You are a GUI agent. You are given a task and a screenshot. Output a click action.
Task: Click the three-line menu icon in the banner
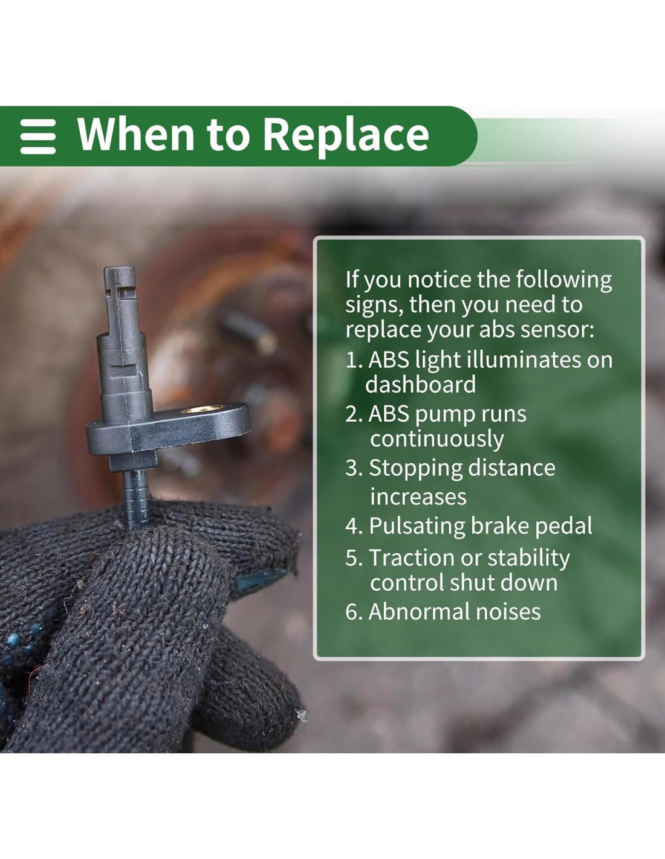click(x=38, y=137)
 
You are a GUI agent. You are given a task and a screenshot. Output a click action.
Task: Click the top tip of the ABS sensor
click(x=120, y=269)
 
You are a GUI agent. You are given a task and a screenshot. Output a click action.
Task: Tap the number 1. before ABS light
click(x=355, y=360)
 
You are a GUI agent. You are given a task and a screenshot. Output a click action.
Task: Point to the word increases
click(x=418, y=497)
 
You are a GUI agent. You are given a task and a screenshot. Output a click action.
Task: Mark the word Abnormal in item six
click(x=419, y=611)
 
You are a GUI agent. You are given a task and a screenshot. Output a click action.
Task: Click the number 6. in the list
click(x=355, y=611)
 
